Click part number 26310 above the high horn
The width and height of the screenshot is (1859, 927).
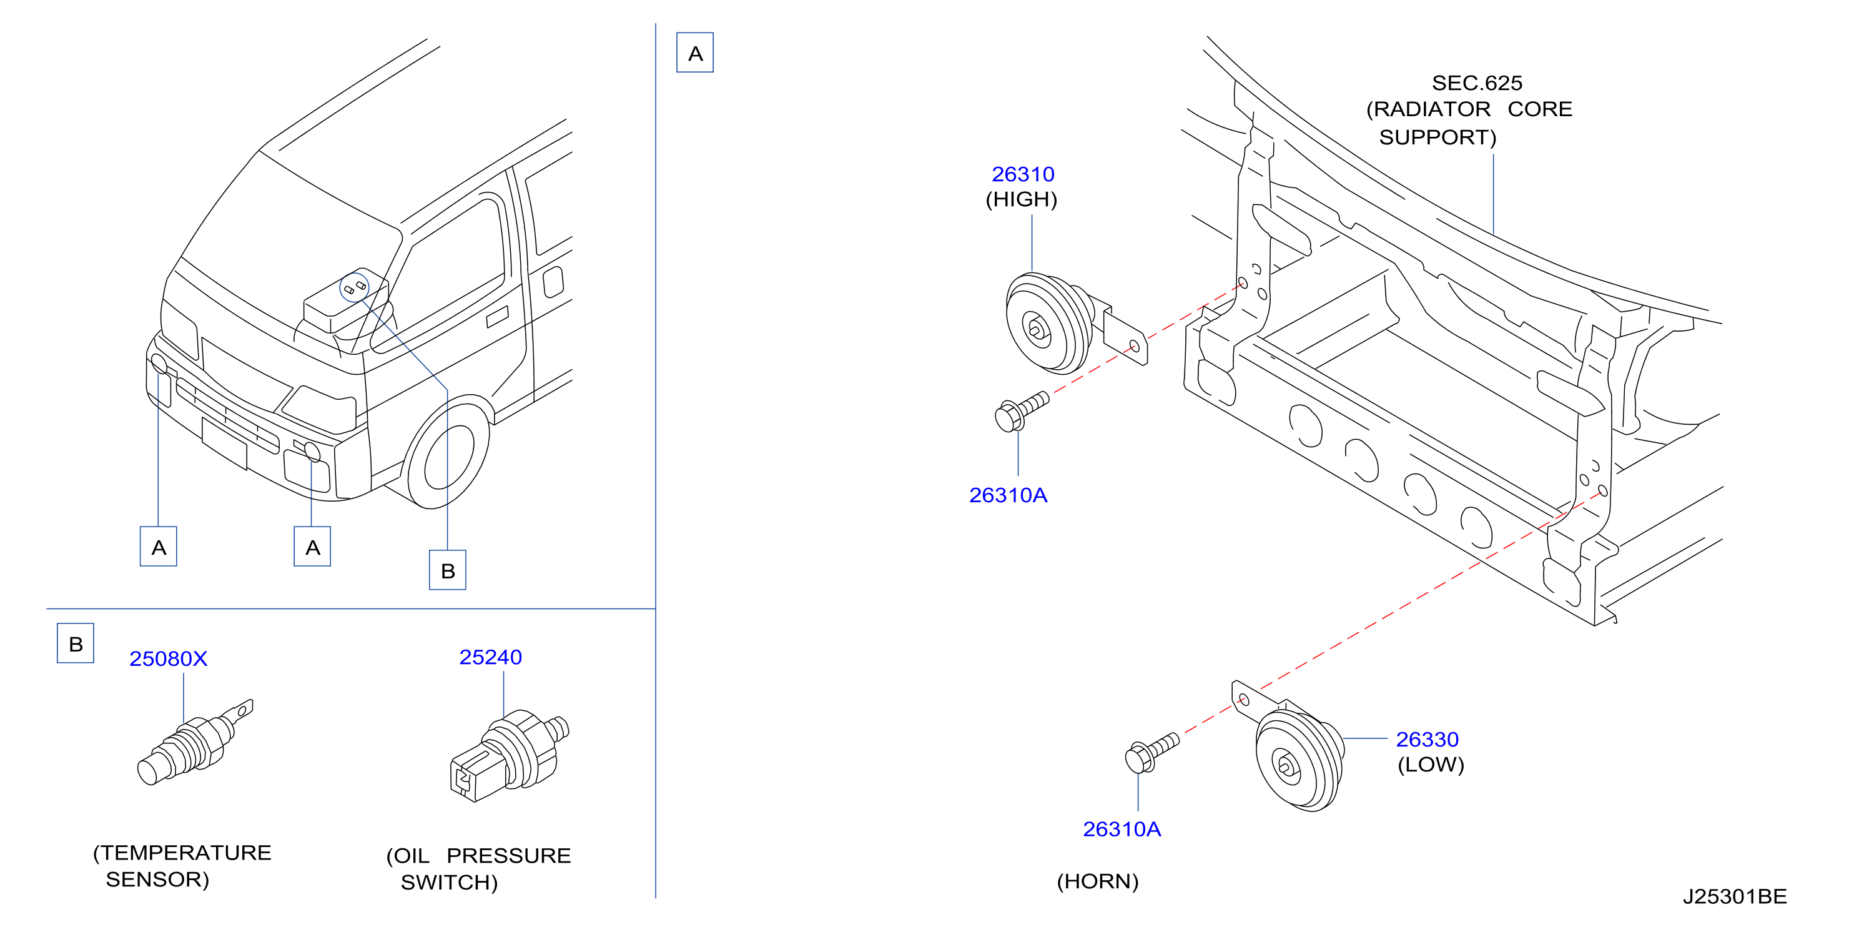(x=1023, y=174)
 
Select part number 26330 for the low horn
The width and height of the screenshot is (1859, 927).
(x=1427, y=740)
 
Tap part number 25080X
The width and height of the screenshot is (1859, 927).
(x=168, y=658)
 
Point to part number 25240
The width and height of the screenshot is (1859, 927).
(x=491, y=657)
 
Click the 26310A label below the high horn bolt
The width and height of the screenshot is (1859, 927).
(x=1008, y=495)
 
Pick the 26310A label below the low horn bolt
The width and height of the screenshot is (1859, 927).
(x=1122, y=829)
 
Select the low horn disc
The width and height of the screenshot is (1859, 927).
(x=1299, y=760)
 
